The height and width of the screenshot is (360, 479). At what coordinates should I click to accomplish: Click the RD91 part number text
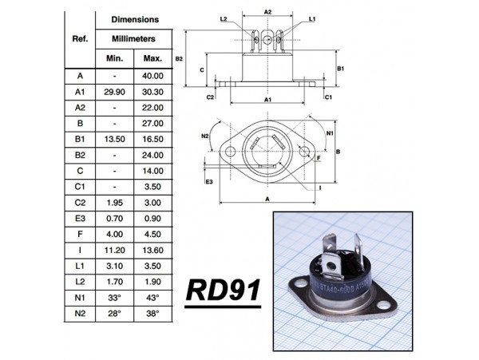[x=224, y=291]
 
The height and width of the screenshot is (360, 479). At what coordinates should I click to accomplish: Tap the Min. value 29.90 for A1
[x=115, y=92]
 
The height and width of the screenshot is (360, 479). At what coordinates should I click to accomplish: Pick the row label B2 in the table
[x=79, y=155]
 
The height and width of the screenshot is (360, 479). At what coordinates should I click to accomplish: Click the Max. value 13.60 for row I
[x=152, y=250]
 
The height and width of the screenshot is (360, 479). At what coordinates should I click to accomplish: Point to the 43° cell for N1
[x=152, y=298]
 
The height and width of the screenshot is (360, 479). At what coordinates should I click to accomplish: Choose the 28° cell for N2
[x=115, y=313]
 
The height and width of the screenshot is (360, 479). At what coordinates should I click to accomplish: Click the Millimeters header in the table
[x=133, y=38]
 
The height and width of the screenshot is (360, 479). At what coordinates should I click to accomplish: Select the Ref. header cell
[x=80, y=38]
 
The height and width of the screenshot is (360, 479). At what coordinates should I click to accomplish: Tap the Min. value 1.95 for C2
[x=115, y=203]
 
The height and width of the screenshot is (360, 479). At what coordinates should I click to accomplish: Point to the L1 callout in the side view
[x=312, y=18]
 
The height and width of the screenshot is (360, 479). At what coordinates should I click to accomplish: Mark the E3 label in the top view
[x=208, y=182]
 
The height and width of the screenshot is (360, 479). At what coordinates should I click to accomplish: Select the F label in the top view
[x=319, y=159]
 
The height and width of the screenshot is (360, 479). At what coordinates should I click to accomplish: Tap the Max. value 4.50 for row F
[x=152, y=234]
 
